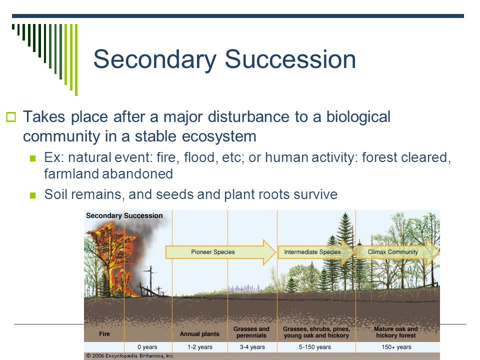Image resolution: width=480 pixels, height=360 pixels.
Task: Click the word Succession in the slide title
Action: pyautogui.click(x=290, y=59)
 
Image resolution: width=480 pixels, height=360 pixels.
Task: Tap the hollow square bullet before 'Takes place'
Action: pyautogui.click(x=10, y=117)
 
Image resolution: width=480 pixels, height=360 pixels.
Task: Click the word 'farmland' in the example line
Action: pyautogui.click(x=71, y=174)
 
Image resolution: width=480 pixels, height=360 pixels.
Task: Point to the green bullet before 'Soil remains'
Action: pyautogui.click(x=33, y=195)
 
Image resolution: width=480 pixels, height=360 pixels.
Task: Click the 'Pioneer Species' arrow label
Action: pyautogui.click(x=213, y=252)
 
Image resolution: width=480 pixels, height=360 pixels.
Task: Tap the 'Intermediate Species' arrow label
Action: pyautogui.click(x=312, y=252)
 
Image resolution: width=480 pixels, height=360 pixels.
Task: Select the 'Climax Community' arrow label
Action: pyautogui.click(x=393, y=252)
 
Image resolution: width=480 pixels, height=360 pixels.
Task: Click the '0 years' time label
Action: pyautogui.click(x=147, y=347)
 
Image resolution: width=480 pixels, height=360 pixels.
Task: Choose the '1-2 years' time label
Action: pyautogui.click(x=200, y=347)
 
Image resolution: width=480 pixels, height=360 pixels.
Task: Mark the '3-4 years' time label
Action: pyautogui.click(x=252, y=347)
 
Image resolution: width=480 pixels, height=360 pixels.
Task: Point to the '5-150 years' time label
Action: pyautogui.click(x=314, y=347)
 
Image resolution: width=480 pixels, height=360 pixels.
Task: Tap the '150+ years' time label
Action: pyautogui.click(x=396, y=347)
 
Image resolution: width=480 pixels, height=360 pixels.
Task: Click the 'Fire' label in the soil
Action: pyautogui.click(x=104, y=333)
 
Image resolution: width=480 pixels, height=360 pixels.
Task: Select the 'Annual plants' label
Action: pyautogui.click(x=199, y=334)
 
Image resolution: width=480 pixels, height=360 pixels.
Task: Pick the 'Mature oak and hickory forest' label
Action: pyautogui.click(x=396, y=332)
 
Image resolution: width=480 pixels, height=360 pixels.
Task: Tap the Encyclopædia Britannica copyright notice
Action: pyautogui.click(x=130, y=355)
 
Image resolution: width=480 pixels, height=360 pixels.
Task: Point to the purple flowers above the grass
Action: pyautogui.click(x=243, y=288)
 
